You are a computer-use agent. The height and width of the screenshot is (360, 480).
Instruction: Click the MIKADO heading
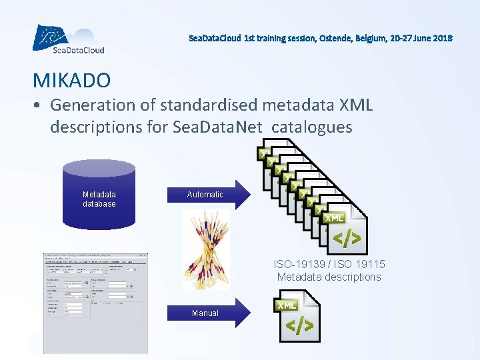(x=72, y=81)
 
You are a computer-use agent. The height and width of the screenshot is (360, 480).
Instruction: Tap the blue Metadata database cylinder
(x=99, y=193)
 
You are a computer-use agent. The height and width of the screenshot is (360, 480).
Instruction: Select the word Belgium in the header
(x=365, y=38)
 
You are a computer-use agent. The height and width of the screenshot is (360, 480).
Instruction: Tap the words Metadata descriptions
(x=329, y=277)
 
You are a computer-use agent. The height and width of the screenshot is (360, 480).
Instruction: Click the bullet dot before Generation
(x=39, y=105)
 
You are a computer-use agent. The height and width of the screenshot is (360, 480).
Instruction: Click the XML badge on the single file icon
(x=287, y=305)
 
